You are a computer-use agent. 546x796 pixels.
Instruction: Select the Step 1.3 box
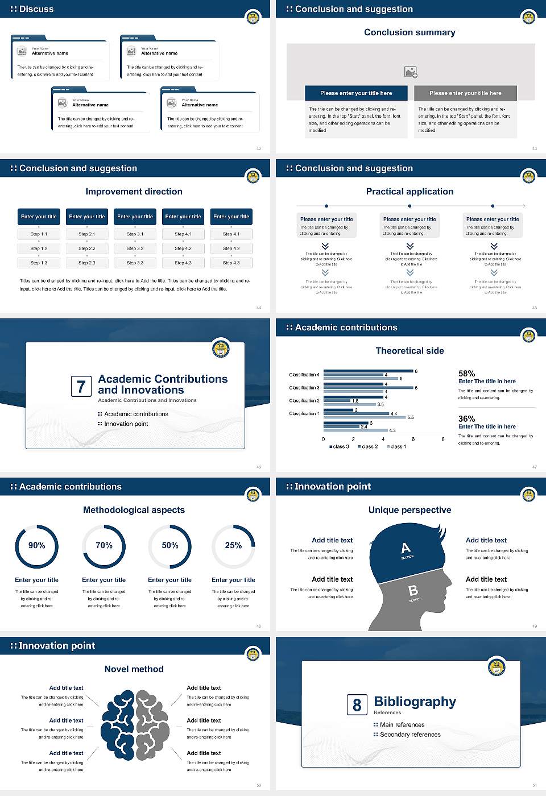tap(39, 263)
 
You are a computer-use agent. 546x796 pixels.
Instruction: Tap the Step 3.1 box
tap(135, 234)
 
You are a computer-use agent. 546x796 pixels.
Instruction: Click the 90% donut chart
tap(37, 546)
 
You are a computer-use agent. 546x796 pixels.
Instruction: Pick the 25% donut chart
tap(233, 546)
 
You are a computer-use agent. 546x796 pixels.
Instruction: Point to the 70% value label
tap(104, 545)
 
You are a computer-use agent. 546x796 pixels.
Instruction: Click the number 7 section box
tap(81, 387)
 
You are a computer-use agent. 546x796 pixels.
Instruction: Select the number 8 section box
tap(357, 705)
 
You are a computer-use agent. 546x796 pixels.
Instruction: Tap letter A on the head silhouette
tap(406, 549)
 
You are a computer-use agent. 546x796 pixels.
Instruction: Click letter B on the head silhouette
tap(413, 591)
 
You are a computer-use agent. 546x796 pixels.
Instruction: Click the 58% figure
tap(466, 374)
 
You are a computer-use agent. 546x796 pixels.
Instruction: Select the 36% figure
tap(466, 418)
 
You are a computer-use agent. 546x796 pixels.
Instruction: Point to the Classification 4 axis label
tap(304, 375)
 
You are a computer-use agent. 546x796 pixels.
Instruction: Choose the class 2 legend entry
tap(367, 447)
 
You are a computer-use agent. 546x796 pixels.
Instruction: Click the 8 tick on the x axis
tap(443, 439)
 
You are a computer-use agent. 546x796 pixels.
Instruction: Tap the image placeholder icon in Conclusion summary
tap(411, 72)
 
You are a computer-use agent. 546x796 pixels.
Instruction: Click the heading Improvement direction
tap(134, 192)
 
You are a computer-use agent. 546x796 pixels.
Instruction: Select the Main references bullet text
tap(402, 725)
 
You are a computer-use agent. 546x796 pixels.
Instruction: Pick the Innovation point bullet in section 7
tap(126, 424)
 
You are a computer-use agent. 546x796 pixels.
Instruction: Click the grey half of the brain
tap(152, 725)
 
